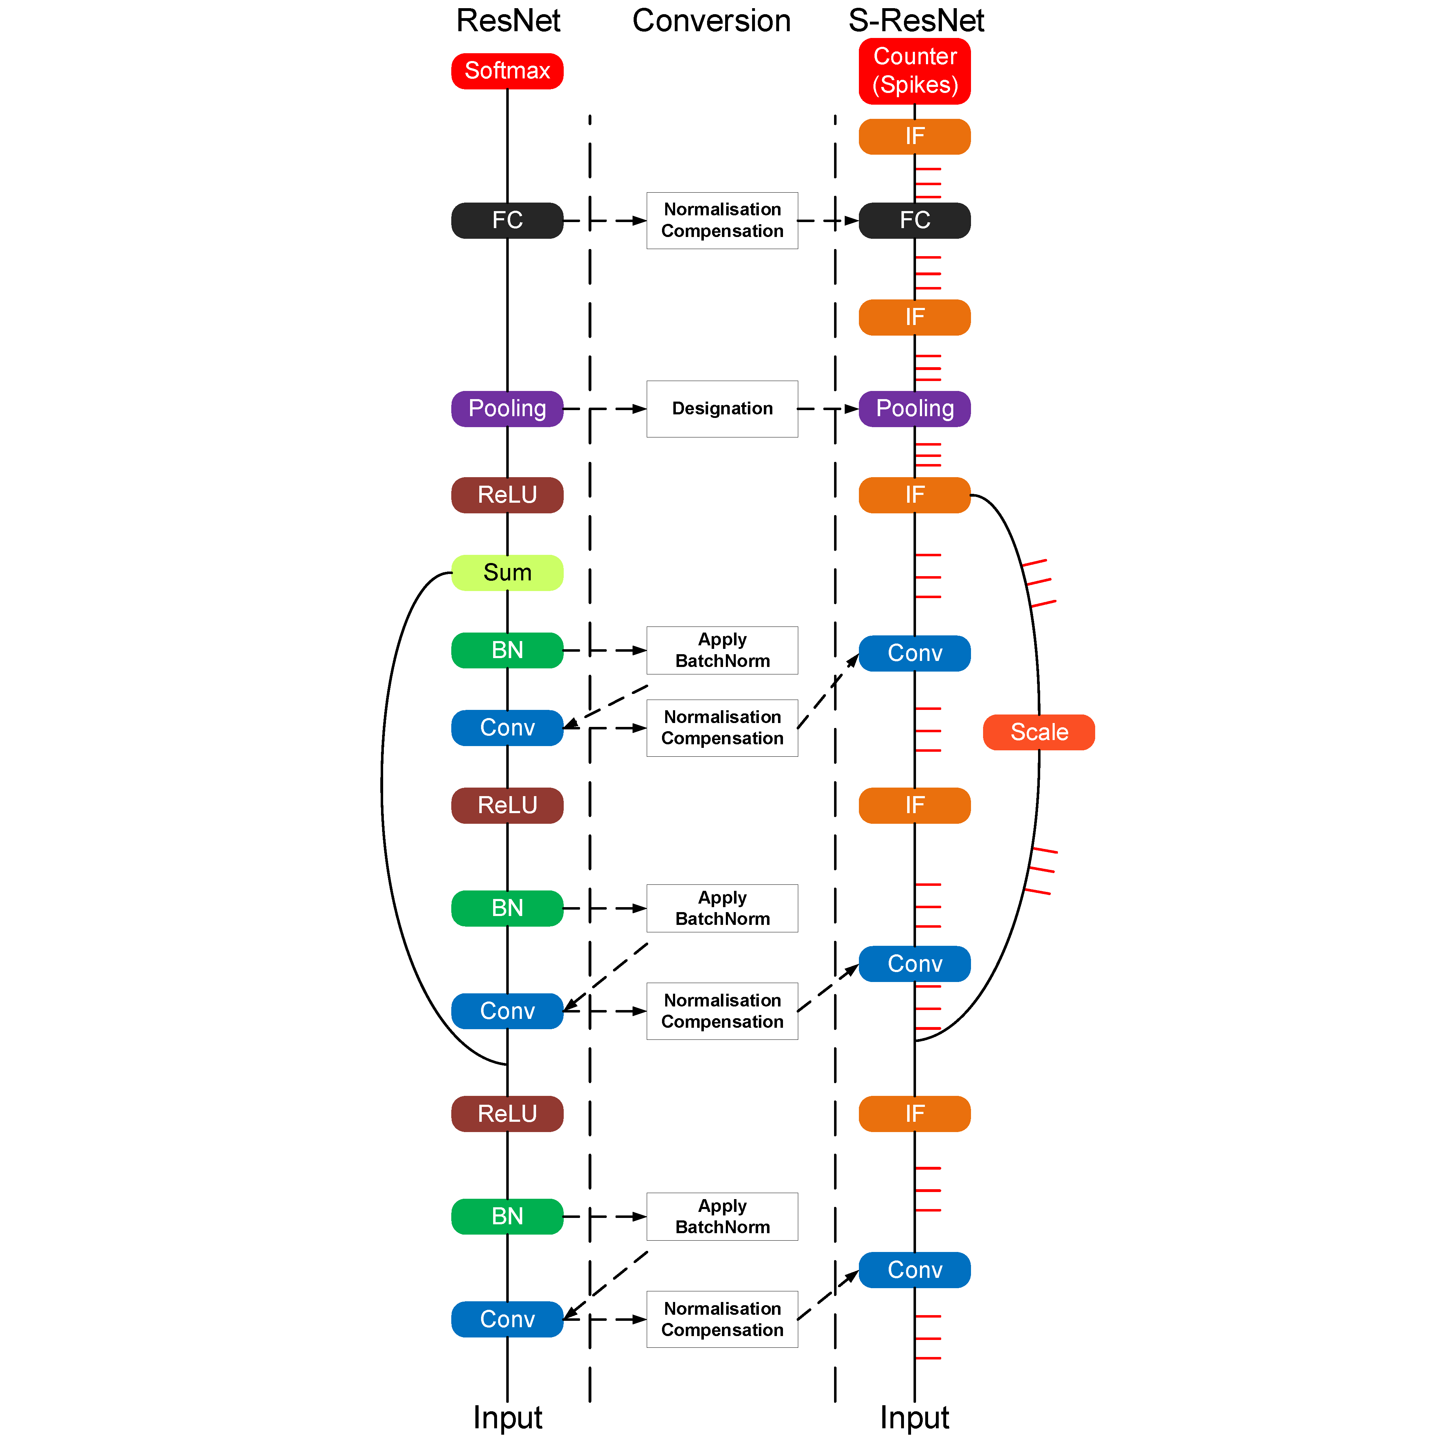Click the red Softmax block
pos(507,71)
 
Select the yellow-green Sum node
pos(507,573)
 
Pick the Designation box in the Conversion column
pos(722,408)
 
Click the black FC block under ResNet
pos(507,221)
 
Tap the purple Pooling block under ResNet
pos(507,408)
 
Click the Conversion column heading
pos(711,21)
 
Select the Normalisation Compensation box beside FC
pos(722,221)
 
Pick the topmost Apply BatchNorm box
pos(722,650)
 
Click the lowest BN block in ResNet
pos(507,1216)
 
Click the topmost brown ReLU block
pos(507,495)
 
